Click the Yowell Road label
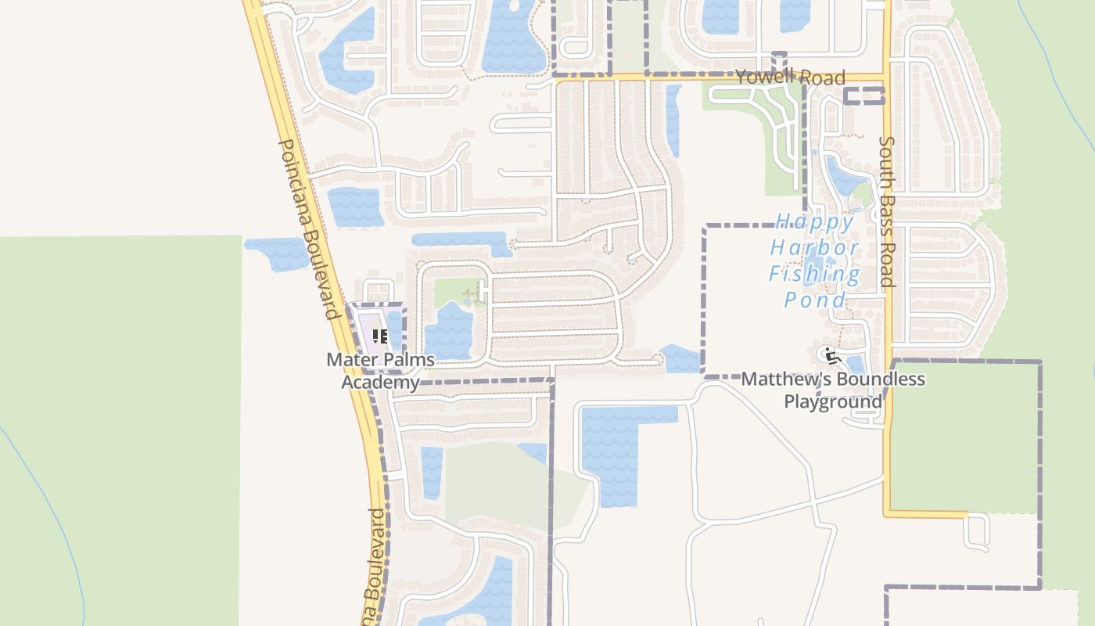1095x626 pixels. point(790,77)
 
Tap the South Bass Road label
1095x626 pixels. point(886,212)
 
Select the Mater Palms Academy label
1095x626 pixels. point(381,371)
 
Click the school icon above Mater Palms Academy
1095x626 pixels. point(380,337)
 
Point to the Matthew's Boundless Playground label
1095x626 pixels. point(833,390)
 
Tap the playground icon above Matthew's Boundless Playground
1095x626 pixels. point(830,355)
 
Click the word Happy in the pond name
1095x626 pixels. point(815,222)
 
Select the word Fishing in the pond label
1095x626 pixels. point(814,274)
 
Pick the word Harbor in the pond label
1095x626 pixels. point(814,248)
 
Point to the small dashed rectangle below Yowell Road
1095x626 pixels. point(864,96)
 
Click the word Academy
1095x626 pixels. point(380,383)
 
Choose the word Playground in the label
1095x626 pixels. point(833,401)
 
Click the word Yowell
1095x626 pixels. point(765,76)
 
